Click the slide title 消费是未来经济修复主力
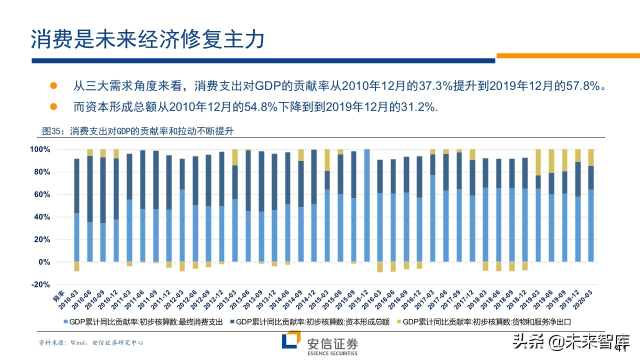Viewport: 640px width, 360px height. (x=147, y=39)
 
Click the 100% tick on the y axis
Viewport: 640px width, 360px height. (x=40, y=149)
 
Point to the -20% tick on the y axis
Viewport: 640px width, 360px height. (x=40, y=284)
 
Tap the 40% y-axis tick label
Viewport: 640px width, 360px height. (x=41, y=217)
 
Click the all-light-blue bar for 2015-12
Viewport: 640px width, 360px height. (x=366, y=205)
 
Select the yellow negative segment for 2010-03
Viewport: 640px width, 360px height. (x=76, y=266)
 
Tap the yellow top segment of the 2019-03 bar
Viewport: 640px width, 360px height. (x=538, y=162)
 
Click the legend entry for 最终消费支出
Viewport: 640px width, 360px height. (x=145, y=322)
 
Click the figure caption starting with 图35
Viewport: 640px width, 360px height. (x=138, y=131)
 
